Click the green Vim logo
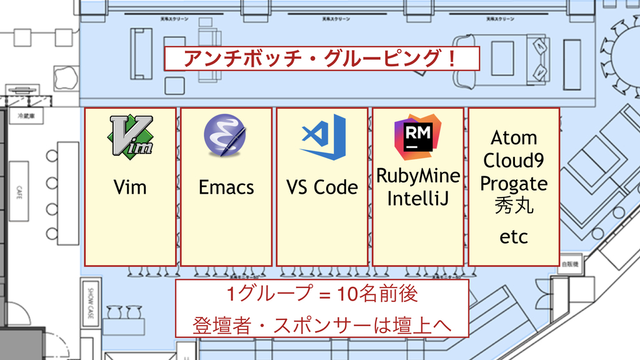[x=131, y=136]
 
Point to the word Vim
[x=130, y=187]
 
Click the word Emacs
[x=226, y=187]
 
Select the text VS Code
[x=322, y=187]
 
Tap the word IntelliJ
[x=418, y=199]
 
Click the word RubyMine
[x=418, y=176]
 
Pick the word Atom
[x=514, y=137]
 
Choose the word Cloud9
[x=514, y=160]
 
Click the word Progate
[x=514, y=183]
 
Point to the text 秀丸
[x=514, y=206]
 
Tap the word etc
[x=514, y=237]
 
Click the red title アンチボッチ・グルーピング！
[x=321, y=59]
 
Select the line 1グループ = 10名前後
[x=322, y=293]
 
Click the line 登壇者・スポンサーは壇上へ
[x=322, y=326]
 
